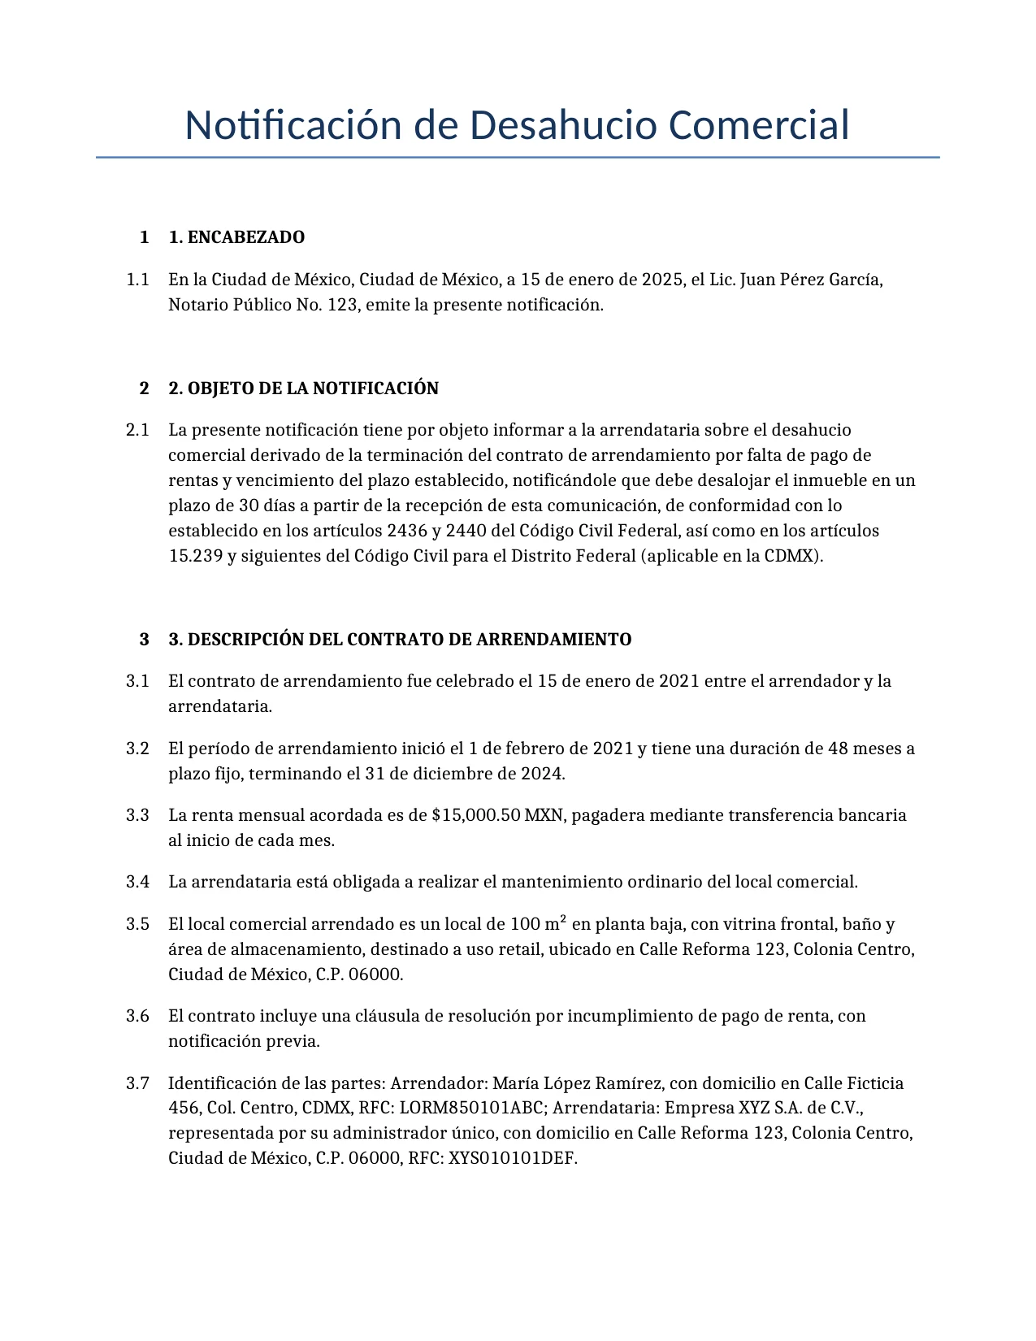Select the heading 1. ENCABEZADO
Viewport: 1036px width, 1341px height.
pos(236,237)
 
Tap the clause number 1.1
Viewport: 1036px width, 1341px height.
pos(137,280)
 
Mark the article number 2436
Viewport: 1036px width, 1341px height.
pos(407,531)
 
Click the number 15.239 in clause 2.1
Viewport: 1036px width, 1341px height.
pos(196,556)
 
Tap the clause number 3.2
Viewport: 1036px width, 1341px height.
pos(137,749)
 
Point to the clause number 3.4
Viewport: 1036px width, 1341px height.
pos(137,882)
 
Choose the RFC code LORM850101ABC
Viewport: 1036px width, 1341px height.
pos(471,1108)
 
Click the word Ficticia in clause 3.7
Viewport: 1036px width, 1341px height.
pos(875,1083)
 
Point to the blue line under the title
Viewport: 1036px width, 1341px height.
pos(518,157)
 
